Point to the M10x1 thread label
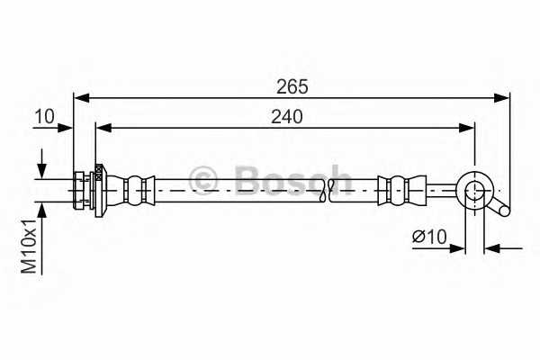[29, 245]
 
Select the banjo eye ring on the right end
[474, 189]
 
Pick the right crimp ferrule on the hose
[395, 189]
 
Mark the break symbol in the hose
[336, 186]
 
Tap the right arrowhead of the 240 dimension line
[467, 128]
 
